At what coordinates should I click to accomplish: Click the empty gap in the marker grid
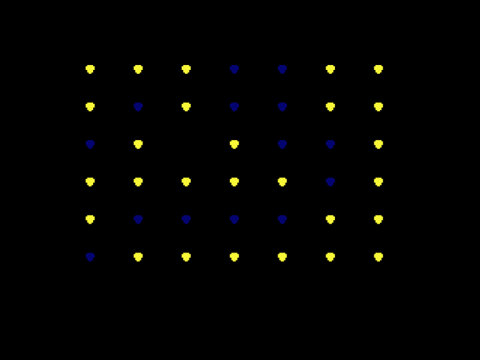click(x=186, y=144)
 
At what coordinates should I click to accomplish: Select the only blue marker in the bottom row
click(x=90, y=257)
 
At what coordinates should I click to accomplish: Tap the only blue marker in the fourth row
click(x=330, y=182)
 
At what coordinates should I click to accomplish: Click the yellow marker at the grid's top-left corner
click(x=90, y=69)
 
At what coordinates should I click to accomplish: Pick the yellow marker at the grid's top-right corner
click(x=378, y=69)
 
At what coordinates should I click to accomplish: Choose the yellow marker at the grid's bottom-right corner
click(x=378, y=257)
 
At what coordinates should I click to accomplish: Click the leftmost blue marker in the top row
click(x=234, y=69)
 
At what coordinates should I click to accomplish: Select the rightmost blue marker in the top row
click(x=282, y=69)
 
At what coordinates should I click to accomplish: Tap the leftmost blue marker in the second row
click(x=138, y=107)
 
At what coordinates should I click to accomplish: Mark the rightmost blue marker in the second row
click(x=282, y=107)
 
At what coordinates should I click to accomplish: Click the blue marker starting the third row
click(x=90, y=144)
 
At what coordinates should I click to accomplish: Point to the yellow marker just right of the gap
click(x=234, y=144)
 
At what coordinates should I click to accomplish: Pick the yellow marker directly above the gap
click(x=186, y=107)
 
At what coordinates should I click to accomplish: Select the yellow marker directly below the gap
click(x=186, y=182)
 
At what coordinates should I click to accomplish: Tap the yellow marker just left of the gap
click(x=138, y=144)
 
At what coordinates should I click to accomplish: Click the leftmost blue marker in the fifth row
click(x=138, y=219)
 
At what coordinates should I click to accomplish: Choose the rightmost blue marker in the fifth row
click(x=282, y=219)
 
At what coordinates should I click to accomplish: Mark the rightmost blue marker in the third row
click(x=330, y=144)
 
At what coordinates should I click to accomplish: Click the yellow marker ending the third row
click(x=378, y=144)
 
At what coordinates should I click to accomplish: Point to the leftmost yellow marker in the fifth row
click(x=90, y=219)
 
